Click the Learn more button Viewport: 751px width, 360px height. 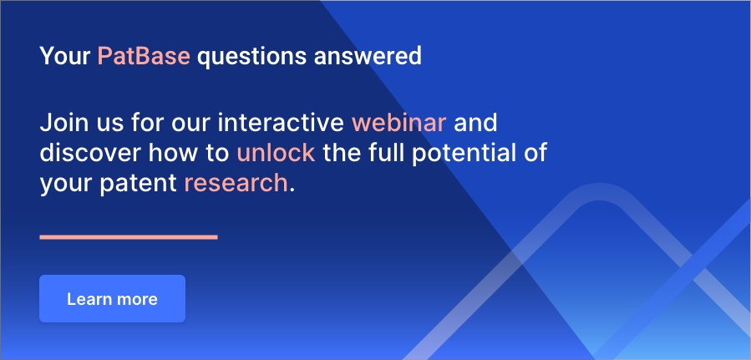click(112, 299)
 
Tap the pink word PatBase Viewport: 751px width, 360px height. click(144, 56)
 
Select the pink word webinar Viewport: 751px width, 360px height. click(399, 123)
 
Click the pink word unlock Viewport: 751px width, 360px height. click(276, 153)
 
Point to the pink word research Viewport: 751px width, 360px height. click(236, 184)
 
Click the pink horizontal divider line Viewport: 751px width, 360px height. click(129, 237)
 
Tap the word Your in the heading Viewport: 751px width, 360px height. click(65, 56)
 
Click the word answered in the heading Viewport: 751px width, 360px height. click(368, 57)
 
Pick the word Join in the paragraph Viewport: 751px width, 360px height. click(61, 123)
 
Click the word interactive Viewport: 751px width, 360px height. click(281, 123)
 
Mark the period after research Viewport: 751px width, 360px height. click(292, 191)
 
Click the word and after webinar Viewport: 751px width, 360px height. click(475, 123)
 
